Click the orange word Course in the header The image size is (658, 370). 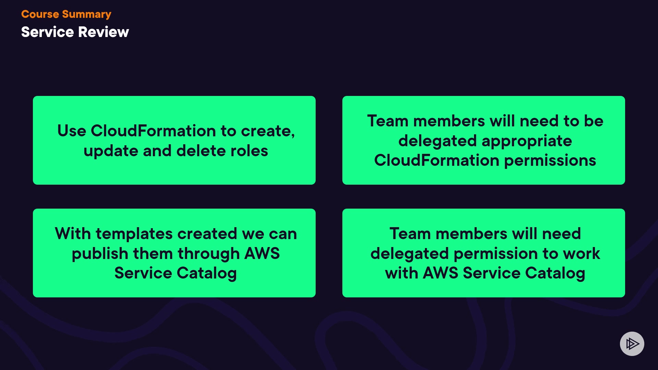[x=40, y=14]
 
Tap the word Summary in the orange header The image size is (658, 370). [x=87, y=15]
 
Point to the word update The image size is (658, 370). [x=111, y=151]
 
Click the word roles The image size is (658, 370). [x=249, y=150]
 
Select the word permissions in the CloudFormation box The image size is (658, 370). [x=550, y=161]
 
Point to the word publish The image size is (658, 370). [x=100, y=254]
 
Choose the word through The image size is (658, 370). [x=209, y=254]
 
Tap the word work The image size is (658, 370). [x=581, y=254]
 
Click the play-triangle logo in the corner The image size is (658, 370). [x=632, y=344]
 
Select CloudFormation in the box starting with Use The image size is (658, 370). [x=153, y=131]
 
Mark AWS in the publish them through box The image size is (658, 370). [x=262, y=254]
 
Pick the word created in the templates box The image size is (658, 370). [x=207, y=234]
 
